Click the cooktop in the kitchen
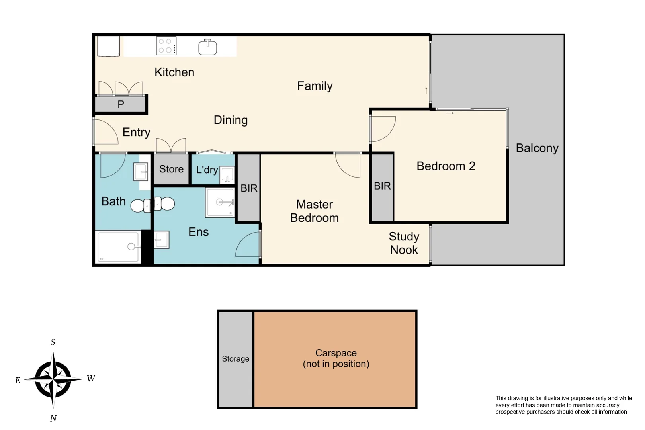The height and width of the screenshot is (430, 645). coord(166,46)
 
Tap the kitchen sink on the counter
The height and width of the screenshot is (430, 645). coord(207,47)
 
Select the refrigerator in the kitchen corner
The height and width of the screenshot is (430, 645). coord(108,46)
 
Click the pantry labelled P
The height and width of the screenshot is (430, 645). coord(121,104)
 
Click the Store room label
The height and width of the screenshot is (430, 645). coord(171,169)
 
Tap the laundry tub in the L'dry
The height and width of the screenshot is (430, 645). coord(227,174)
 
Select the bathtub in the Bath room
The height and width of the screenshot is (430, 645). coord(118,246)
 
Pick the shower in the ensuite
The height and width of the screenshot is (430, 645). coord(220,203)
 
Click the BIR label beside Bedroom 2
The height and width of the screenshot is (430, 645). coord(382,186)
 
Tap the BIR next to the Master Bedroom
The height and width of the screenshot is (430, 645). coord(249,188)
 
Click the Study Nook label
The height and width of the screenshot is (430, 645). coord(404,243)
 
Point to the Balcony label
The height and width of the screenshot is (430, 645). coord(537,148)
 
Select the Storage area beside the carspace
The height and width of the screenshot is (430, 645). coord(235,359)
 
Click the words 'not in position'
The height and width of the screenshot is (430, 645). coord(336,364)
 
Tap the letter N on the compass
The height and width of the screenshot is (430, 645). coord(53,418)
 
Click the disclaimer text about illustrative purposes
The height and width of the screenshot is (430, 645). coord(563,405)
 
